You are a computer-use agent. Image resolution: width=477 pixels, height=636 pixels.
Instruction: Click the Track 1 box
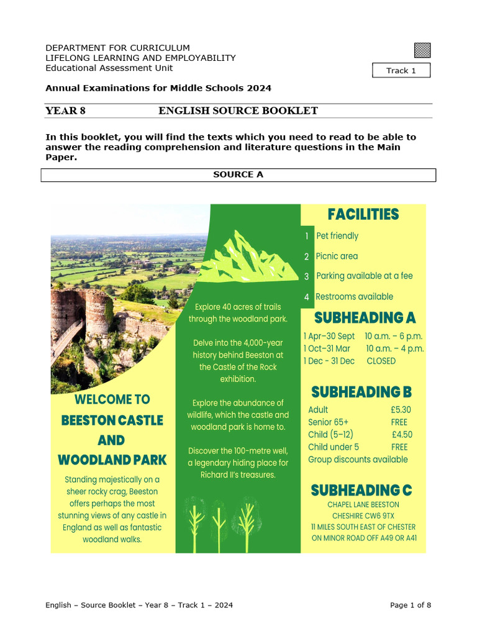(401, 70)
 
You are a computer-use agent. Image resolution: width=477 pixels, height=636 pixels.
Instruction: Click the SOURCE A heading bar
(238, 175)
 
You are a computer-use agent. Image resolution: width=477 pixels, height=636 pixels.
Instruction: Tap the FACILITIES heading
(363, 215)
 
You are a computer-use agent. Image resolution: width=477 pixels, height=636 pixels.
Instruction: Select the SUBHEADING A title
(365, 318)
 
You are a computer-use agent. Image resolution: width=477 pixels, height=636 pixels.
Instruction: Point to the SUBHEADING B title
(361, 392)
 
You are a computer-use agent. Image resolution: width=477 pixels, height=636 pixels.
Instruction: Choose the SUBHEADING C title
(361, 490)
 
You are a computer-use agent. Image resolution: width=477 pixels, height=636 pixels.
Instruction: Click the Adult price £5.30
(401, 410)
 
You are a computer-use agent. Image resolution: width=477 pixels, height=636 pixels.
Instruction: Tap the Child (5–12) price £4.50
(402, 435)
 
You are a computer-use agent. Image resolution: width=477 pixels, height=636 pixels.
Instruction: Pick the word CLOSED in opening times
(381, 361)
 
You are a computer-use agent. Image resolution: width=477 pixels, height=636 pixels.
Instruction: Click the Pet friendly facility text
(337, 236)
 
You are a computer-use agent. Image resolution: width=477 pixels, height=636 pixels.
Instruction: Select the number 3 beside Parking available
(306, 276)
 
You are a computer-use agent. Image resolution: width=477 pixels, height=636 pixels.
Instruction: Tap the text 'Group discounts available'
(358, 460)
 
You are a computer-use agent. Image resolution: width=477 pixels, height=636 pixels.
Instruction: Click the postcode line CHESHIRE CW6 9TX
(363, 516)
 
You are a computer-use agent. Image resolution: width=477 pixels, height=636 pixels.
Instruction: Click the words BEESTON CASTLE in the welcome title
(112, 420)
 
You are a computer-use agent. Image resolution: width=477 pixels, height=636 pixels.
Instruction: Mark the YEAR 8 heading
(65, 111)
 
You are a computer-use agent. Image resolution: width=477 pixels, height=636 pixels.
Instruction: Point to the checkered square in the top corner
(422, 50)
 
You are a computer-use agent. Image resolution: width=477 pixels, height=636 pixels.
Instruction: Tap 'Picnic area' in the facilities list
(337, 256)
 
